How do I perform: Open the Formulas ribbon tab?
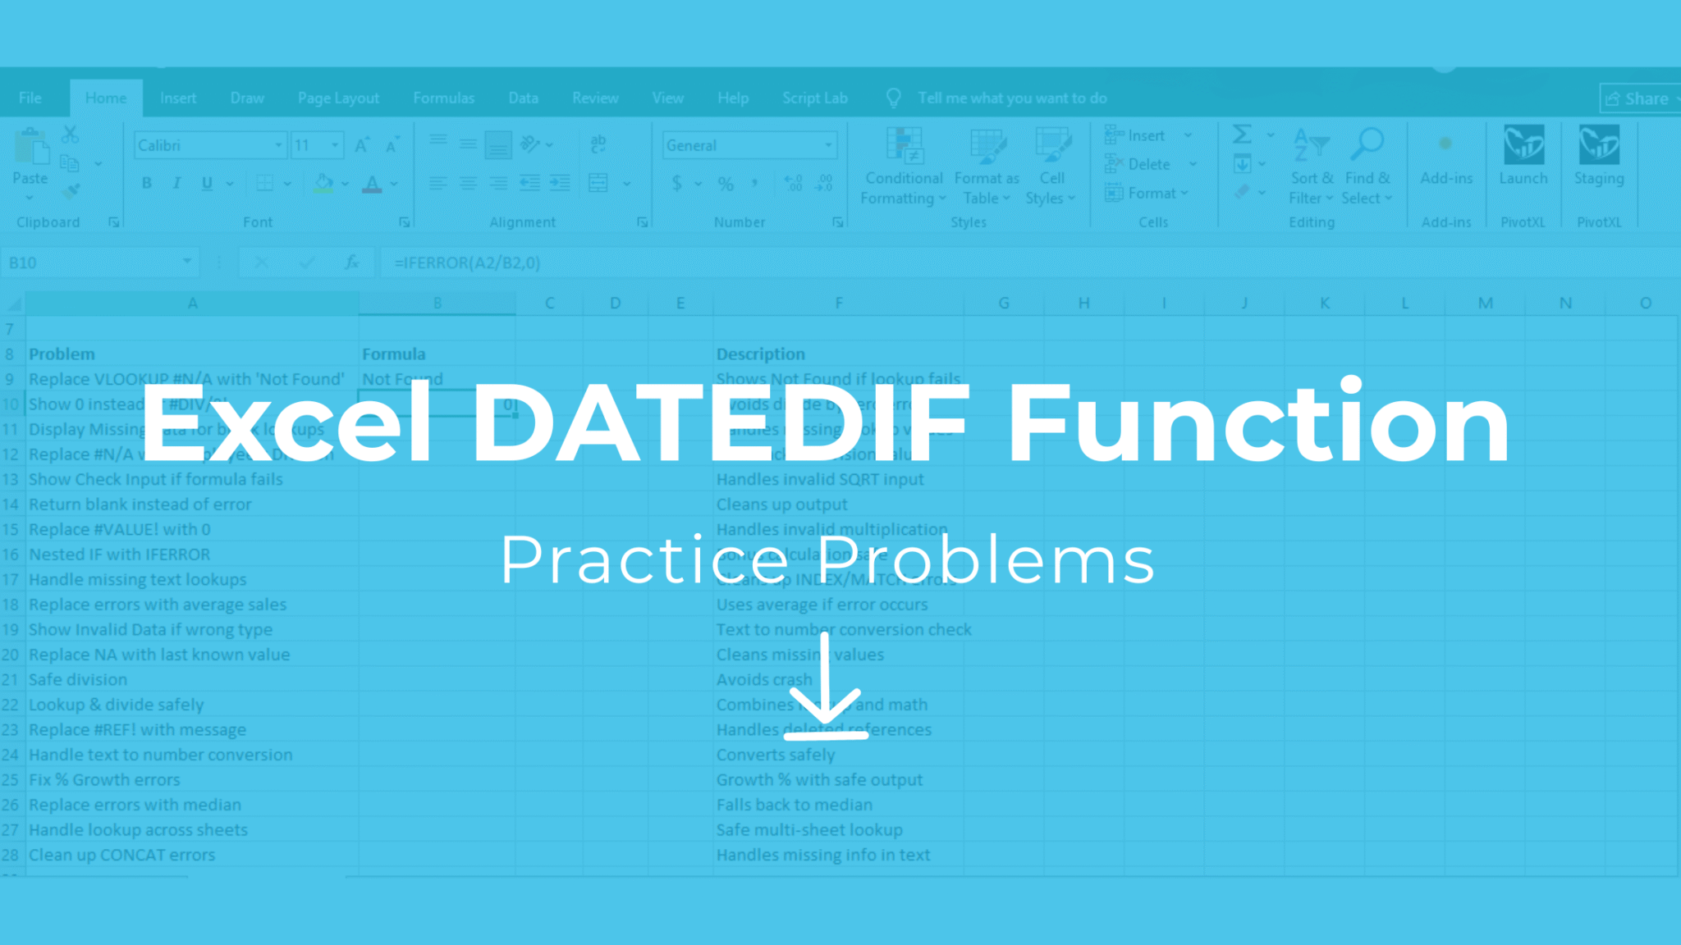point(443,98)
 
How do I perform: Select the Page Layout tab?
point(338,98)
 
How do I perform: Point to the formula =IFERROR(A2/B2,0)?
point(467,262)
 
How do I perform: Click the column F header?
point(838,304)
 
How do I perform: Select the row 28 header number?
point(11,855)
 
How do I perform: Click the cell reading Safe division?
point(78,679)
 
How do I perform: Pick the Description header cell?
point(760,354)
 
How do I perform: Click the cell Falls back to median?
point(794,805)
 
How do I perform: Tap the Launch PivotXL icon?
point(1523,148)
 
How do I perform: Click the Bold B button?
point(146,183)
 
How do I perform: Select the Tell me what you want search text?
point(1012,98)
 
